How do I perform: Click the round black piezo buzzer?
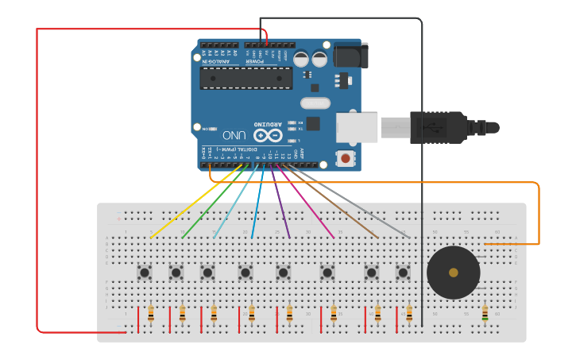point(453,273)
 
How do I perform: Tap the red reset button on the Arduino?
point(346,158)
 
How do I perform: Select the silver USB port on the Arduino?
point(356,127)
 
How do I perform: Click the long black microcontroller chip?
point(245,78)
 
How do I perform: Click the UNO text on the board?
point(234,135)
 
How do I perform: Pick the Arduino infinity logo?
point(268,135)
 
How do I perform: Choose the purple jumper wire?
point(279,203)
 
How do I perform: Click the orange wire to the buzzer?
point(539,215)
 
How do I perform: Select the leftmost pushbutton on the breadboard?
point(145,273)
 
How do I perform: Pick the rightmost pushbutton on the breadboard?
point(403,273)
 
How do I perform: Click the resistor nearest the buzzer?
point(485,315)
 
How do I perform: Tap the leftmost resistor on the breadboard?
point(151,314)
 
